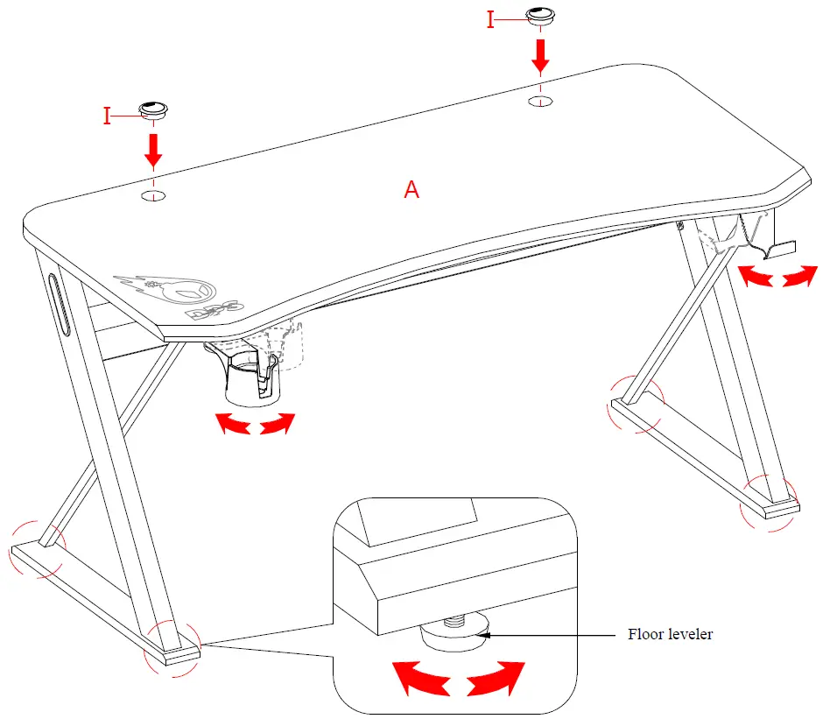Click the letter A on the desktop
coord(411,189)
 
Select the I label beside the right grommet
coord(490,20)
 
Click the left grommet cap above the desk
coord(154,109)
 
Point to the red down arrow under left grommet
coord(154,148)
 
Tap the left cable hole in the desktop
coord(154,194)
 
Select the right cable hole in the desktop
coord(541,102)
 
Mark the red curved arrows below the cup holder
coord(255,424)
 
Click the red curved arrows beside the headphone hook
coord(777,277)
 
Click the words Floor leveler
coord(670,634)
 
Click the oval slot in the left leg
coord(60,303)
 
